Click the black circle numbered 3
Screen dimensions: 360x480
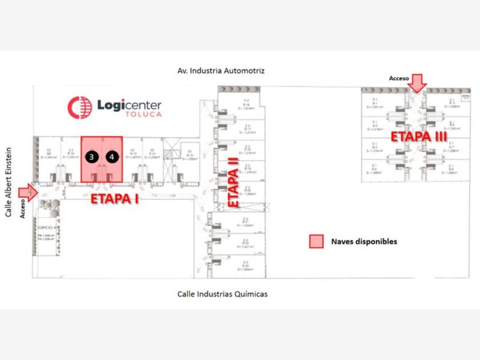coord(91,156)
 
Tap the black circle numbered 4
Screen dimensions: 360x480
coord(113,156)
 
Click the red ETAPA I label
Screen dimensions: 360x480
coord(115,199)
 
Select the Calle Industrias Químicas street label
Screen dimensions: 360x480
coord(222,294)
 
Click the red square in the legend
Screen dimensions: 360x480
coord(316,241)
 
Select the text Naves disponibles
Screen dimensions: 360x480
coord(364,241)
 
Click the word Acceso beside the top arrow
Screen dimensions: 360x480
coord(398,78)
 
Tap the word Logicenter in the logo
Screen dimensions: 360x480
coord(129,104)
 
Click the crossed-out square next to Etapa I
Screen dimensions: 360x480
coord(170,154)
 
